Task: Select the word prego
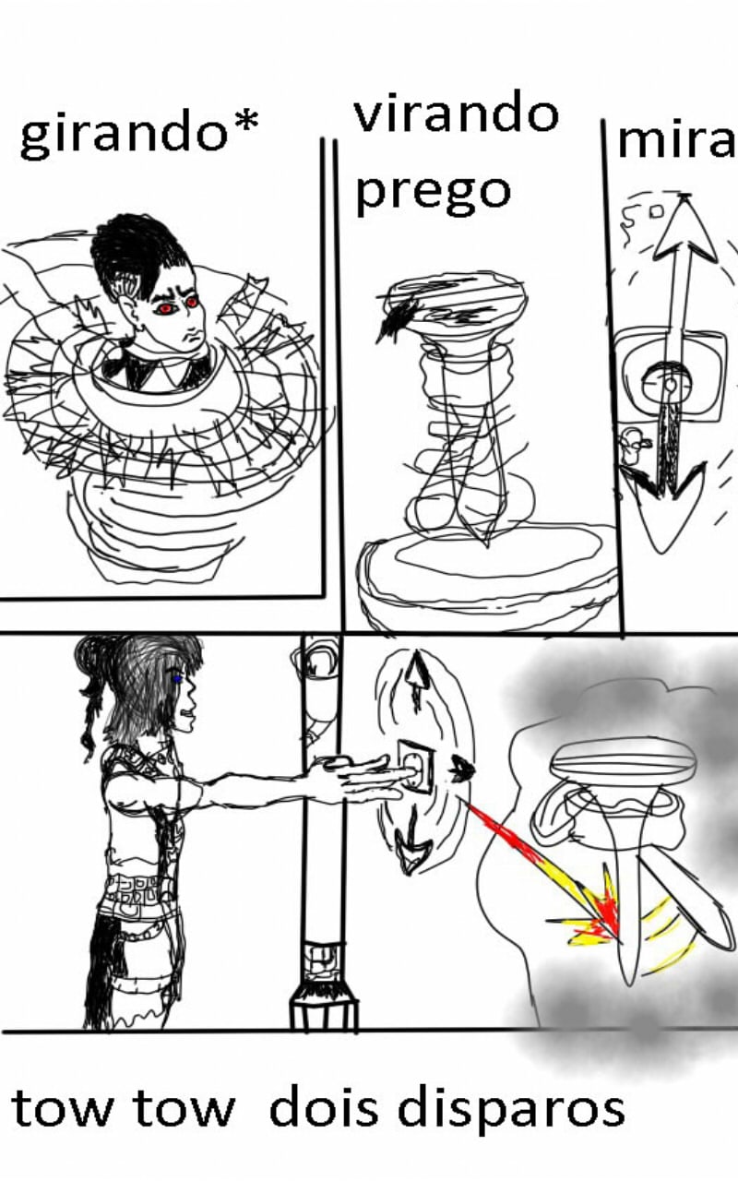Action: tap(434, 195)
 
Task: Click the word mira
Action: tap(677, 141)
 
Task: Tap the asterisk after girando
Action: tap(246, 124)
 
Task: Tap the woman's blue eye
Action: tap(177, 680)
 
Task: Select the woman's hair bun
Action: tap(94, 655)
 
